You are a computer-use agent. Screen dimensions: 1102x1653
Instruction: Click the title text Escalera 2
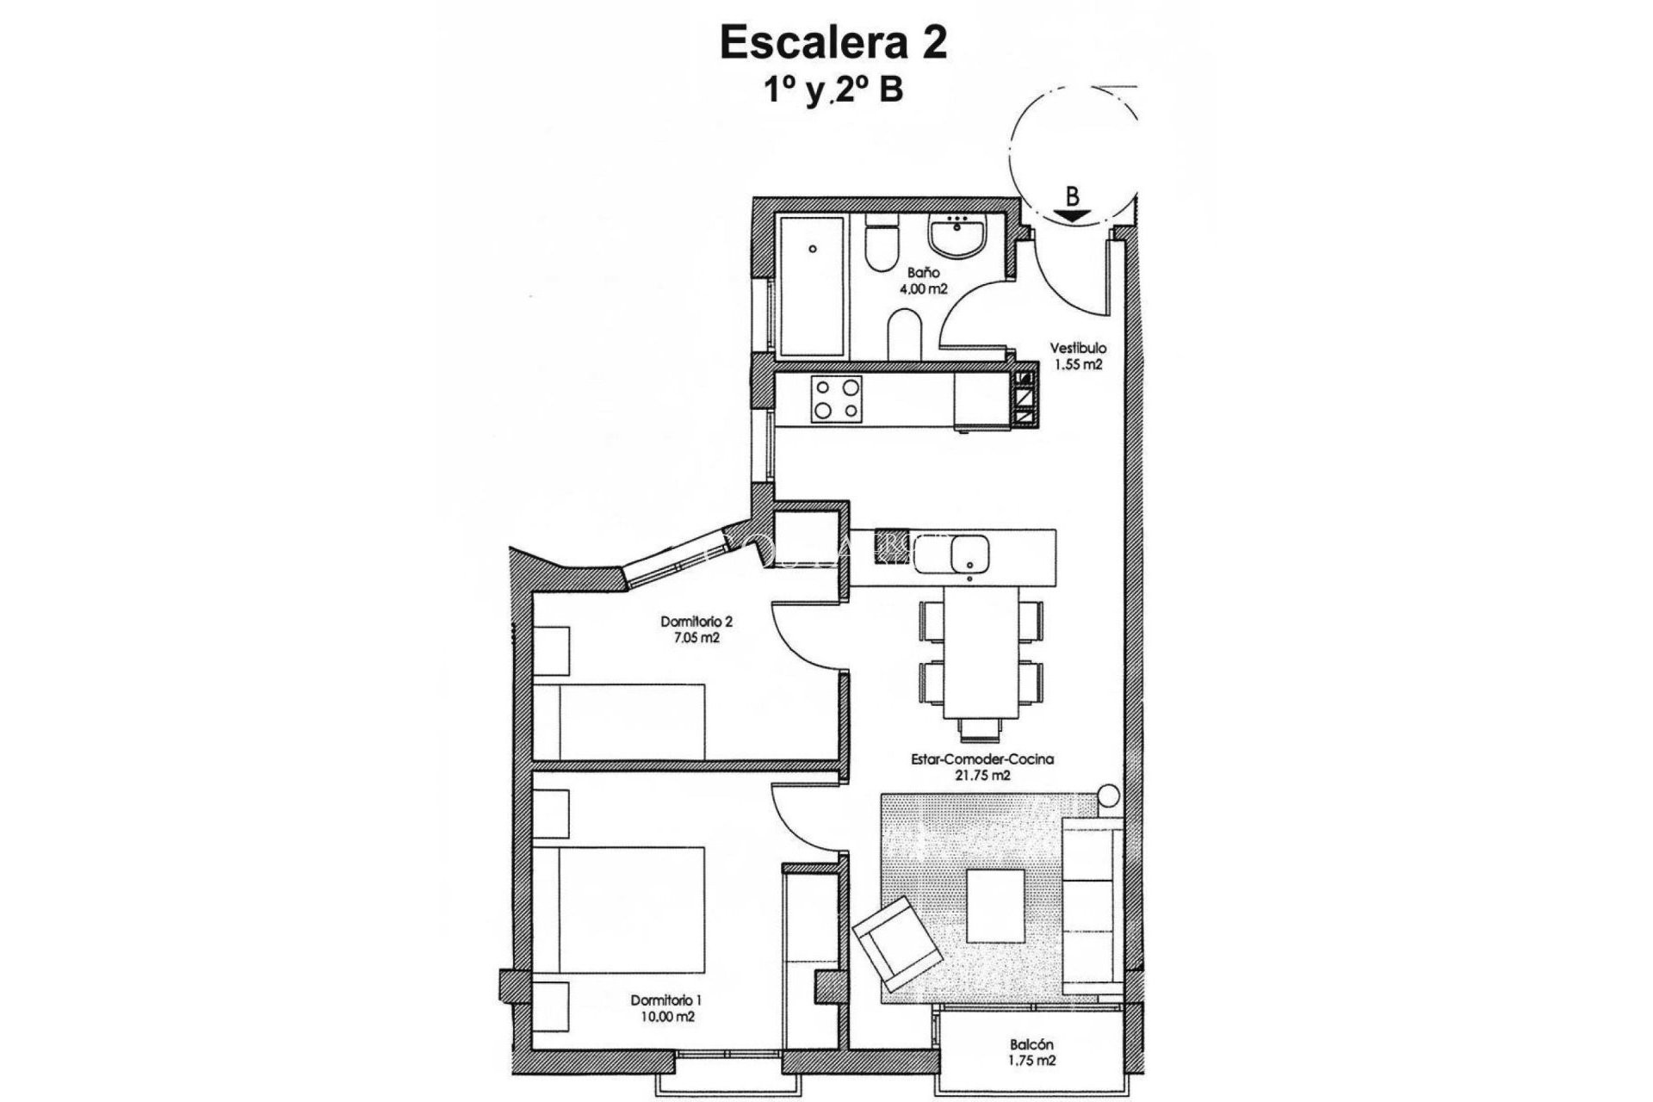833,43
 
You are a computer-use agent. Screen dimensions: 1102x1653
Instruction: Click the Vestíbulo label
1077,349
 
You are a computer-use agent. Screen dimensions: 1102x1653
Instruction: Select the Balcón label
1032,1045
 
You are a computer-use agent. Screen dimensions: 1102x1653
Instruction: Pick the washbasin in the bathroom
957,237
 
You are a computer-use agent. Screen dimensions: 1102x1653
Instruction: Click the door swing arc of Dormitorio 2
194,641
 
